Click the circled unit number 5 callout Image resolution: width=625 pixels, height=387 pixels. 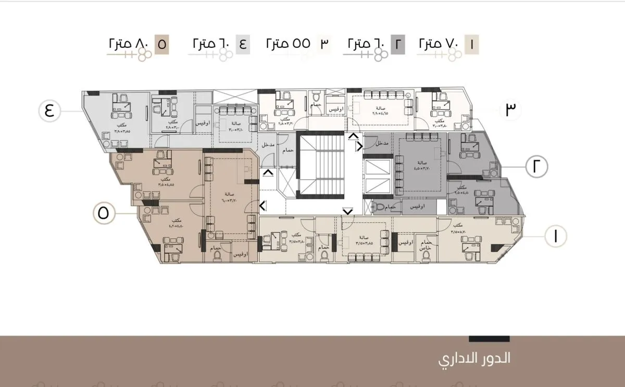[103, 214]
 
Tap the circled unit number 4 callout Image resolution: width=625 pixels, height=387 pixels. [49, 111]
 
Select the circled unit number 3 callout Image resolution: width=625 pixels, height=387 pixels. [510, 109]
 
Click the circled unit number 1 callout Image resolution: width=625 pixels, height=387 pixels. [555, 236]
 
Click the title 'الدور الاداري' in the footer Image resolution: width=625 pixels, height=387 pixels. [474, 359]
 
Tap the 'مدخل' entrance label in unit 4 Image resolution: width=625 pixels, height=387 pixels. [268, 144]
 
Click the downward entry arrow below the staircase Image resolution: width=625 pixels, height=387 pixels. [347, 211]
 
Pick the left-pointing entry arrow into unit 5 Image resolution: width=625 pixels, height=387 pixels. [263, 205]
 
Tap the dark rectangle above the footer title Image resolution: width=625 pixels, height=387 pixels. [482, 339]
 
